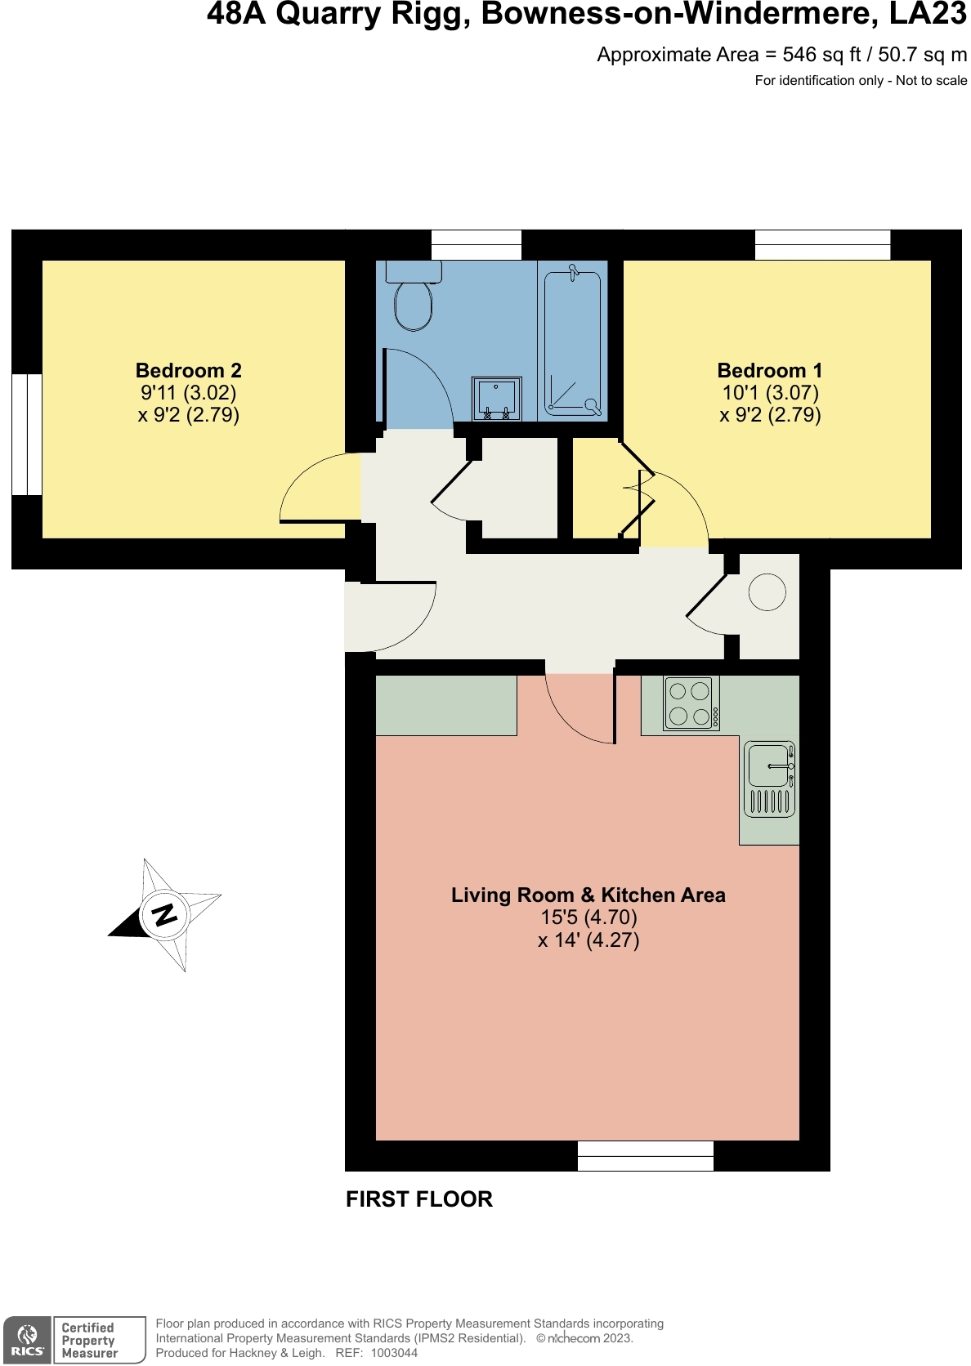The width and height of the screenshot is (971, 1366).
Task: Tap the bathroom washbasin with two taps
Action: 496,398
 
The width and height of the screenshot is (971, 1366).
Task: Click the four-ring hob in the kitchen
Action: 691,703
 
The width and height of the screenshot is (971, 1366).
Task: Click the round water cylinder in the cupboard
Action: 767,591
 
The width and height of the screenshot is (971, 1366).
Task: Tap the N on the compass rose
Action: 164,913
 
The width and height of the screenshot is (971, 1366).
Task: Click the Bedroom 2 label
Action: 188,370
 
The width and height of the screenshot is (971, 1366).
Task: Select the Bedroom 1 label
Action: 769,370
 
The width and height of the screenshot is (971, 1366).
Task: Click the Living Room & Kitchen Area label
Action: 588,895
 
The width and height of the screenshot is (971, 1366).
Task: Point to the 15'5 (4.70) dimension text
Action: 588,917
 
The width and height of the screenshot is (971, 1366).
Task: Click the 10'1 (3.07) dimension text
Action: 769,392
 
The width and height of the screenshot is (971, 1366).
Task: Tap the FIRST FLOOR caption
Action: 418,1199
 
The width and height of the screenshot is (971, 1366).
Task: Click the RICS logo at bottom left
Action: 28,1341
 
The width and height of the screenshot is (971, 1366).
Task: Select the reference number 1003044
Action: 394,1353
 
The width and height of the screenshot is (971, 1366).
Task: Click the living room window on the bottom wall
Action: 645,1156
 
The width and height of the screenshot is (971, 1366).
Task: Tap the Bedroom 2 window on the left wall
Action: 27,435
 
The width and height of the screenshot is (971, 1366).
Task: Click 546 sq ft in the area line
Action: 821,55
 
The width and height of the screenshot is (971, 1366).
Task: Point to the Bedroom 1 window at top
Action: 821,245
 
